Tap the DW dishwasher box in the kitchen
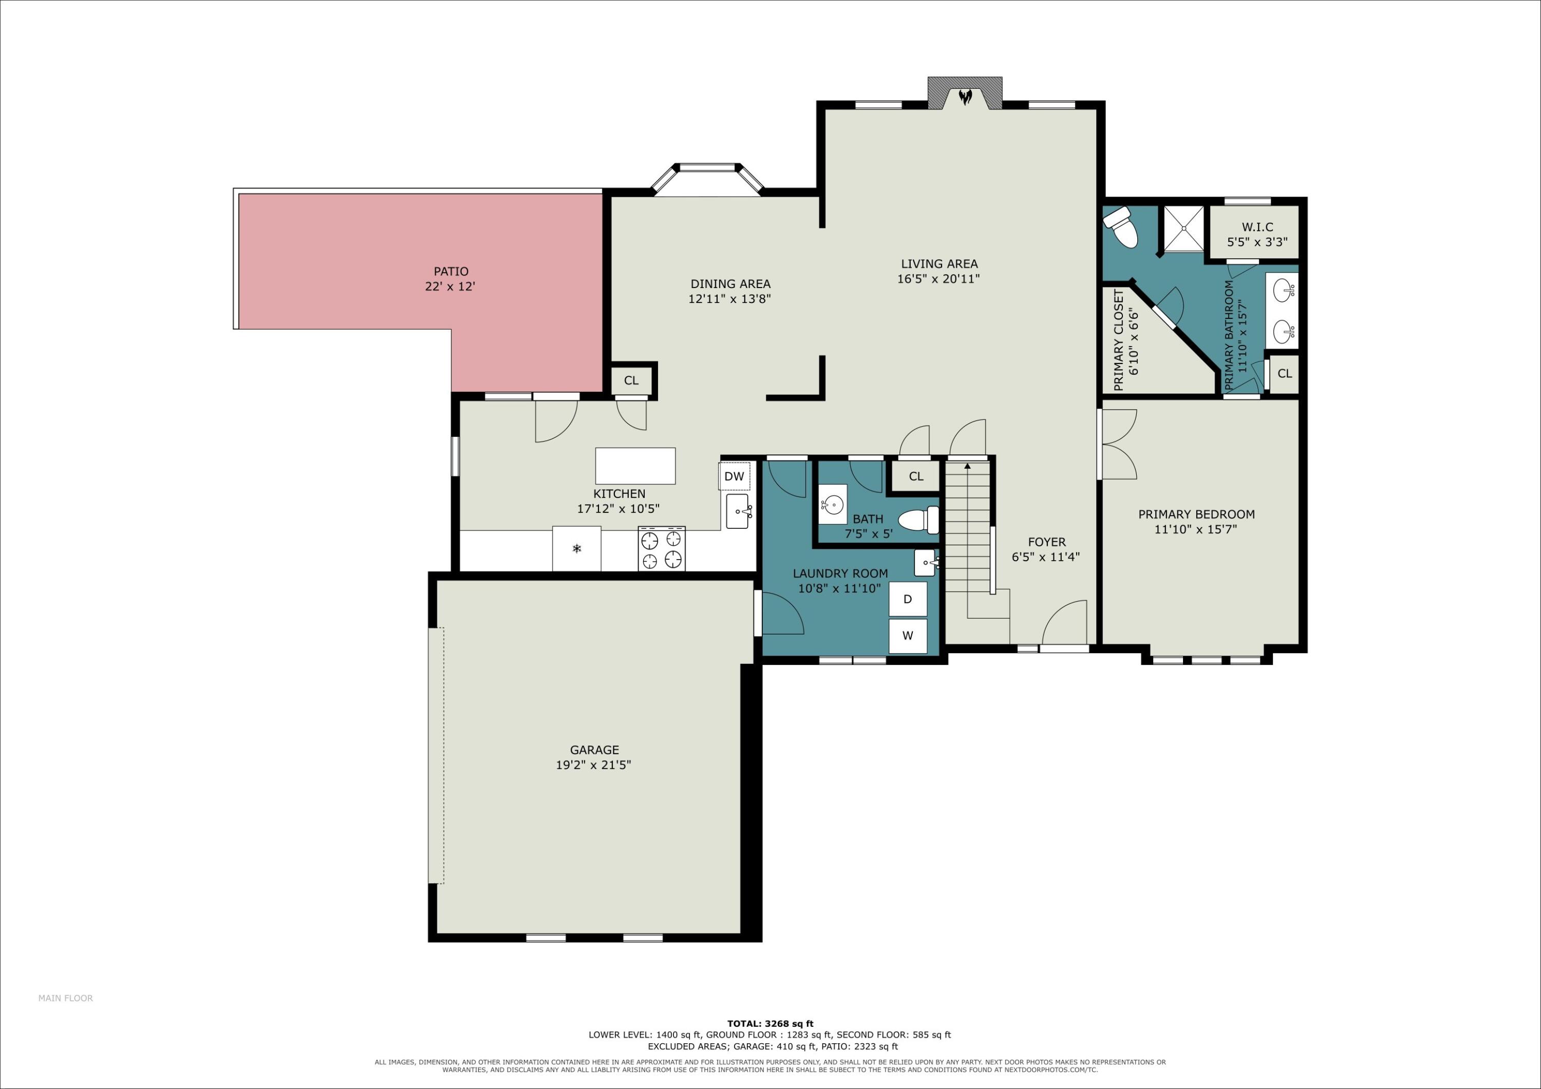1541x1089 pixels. click(x=734, y=476)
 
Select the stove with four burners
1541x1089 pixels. click(x=662, y=549)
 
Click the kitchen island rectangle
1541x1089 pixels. click(x=635, y=466)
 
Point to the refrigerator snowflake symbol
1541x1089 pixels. click(x=576, y=549)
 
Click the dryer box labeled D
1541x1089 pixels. click(x=908, y=599)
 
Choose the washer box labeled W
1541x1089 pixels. click(x=908, y=636)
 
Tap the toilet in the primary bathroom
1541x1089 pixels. click(x=1121, y=227)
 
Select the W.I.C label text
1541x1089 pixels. click(x=1257, y=227)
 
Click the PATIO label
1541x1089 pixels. click(x=451, y=272)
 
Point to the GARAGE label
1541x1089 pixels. click(x=594, y=750)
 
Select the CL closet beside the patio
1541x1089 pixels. click(x=631, y=381)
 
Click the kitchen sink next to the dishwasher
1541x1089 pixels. click(x=738, y=512)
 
